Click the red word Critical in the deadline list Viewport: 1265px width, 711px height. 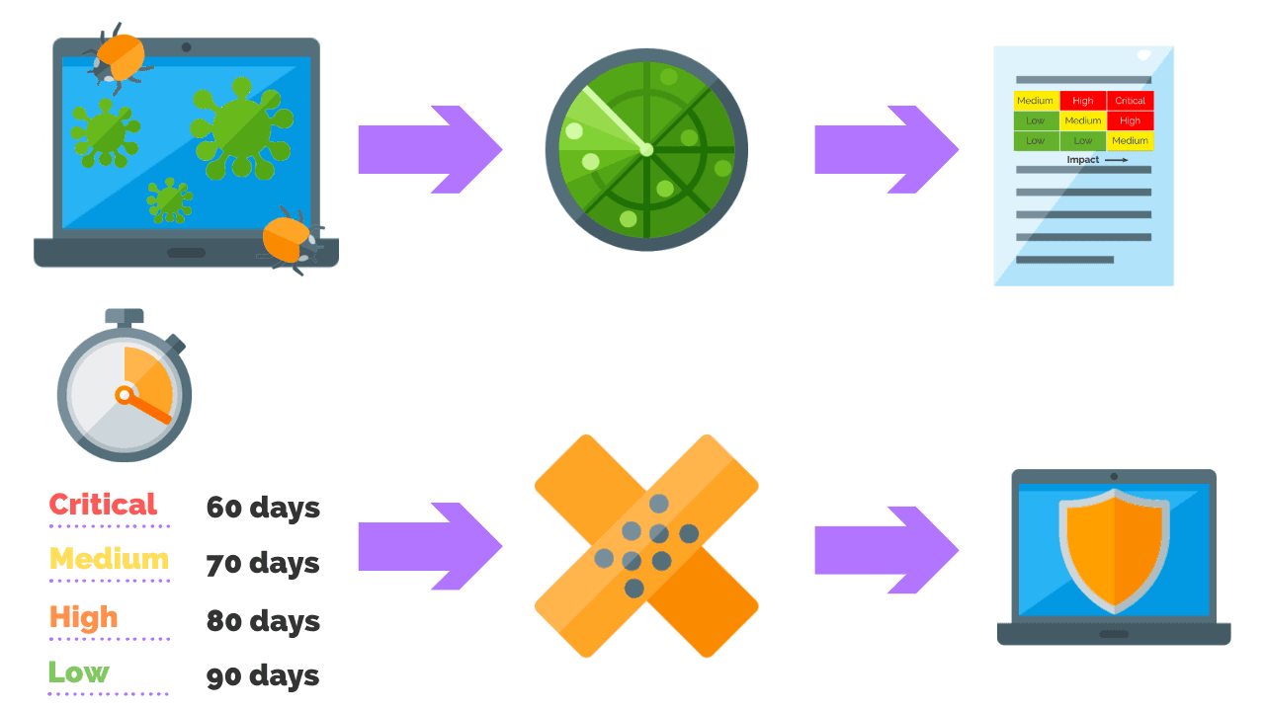(x=103, y=505)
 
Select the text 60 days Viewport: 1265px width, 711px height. (x=263, y=508)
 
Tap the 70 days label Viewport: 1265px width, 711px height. (x=263, y=564)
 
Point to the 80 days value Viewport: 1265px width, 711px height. (x=263, y=621)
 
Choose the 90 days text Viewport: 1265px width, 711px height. (x=263, y=676)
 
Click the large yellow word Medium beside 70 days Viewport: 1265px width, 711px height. (x=109, y=559)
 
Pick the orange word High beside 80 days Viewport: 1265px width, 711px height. (x=84, y=617)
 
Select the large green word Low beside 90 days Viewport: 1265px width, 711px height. (x=79, y=673)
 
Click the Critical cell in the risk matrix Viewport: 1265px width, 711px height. (x=1130, y=101)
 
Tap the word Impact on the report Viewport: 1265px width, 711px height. (x=1083, y=159)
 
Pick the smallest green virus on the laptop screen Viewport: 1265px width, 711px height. (x=169, y=199)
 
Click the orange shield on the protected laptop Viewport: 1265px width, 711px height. (x=1114, y=551)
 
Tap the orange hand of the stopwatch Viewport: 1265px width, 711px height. (x=148, y=408)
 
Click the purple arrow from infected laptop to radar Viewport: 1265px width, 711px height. (x=430, y=150)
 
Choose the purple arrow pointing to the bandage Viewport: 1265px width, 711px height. (x=430, y=546)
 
